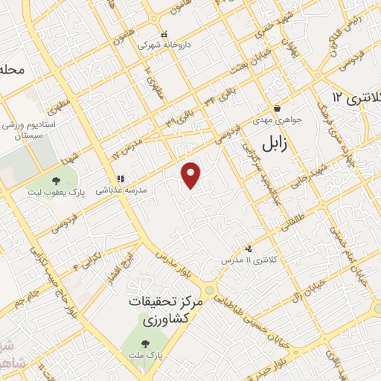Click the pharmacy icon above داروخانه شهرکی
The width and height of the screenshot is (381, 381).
165,34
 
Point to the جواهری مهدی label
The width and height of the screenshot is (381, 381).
277,118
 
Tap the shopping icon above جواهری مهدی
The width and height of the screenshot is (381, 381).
276,108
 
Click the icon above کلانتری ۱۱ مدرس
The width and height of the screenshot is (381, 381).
249,249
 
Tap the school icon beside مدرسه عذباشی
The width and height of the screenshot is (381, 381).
119,179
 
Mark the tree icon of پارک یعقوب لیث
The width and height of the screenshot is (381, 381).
57,180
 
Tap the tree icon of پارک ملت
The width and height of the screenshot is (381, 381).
145,345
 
